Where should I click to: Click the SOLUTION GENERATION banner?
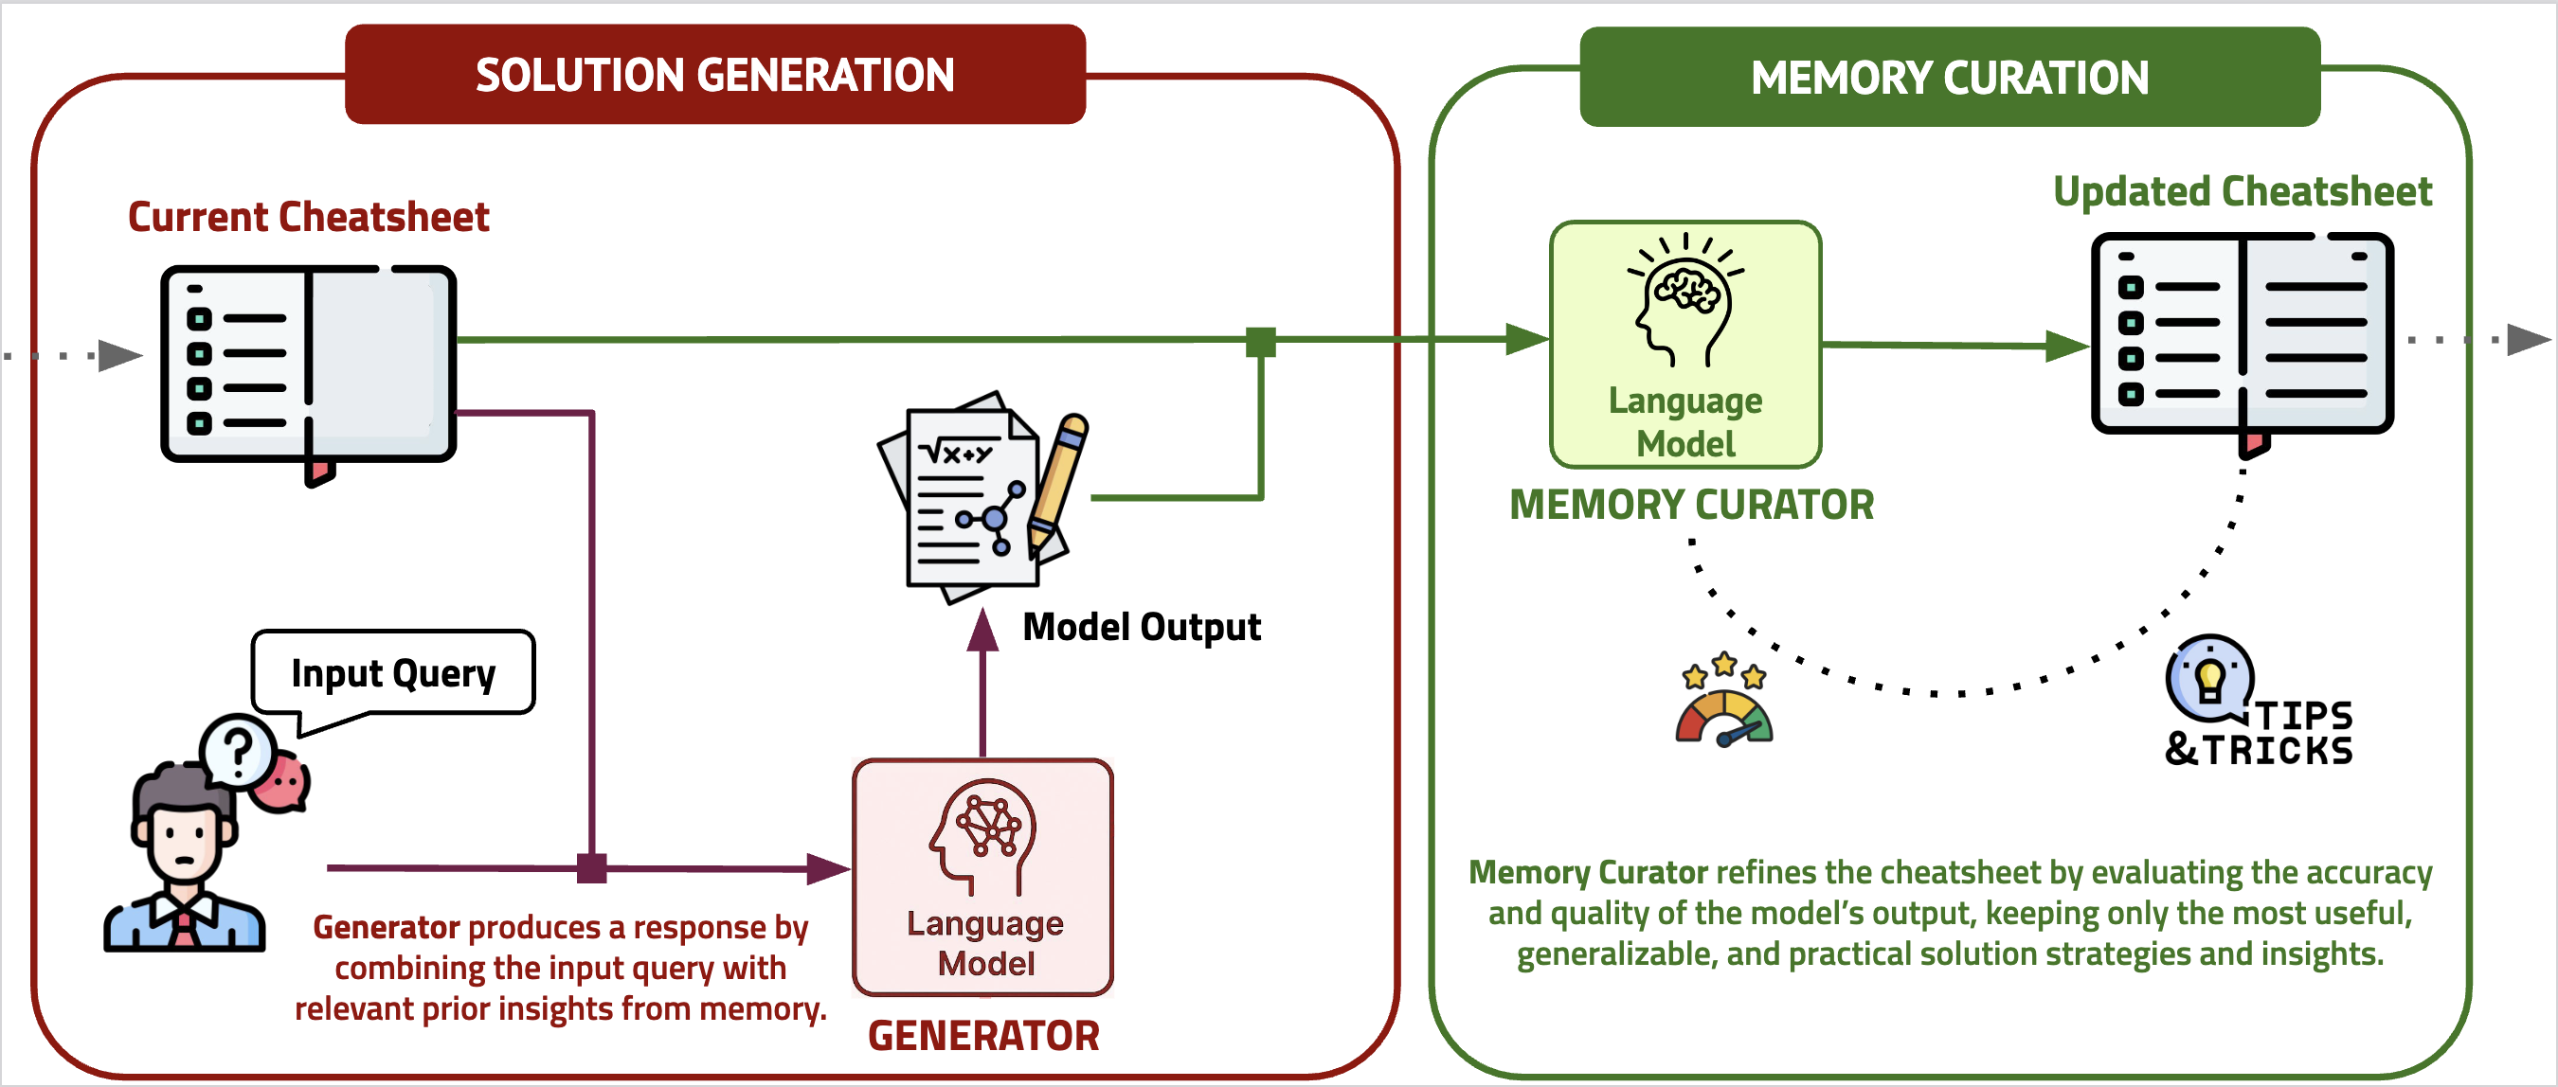[x=715, y=76]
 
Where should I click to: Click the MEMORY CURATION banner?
[x=1949, y=78]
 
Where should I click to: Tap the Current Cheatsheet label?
[x=308, y=217]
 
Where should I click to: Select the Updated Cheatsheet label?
[x=2243, y=190]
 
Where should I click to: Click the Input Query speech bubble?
[x=393, y=673]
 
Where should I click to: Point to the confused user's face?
[x=184, y=839]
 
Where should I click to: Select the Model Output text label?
[x=1141, y=627]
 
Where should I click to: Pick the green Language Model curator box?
[x=1685, y=344]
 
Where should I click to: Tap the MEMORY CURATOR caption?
[x=1691, y=505]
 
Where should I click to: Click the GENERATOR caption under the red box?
[x=983, y=1035]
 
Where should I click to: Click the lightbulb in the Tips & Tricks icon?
[x=2209, y=680]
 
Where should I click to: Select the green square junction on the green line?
[x=1260, y=342]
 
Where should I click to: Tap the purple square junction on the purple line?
[x=592, y=868]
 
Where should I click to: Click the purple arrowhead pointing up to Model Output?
[x=982, y=631]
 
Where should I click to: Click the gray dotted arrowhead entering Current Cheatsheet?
[x=120, y=354]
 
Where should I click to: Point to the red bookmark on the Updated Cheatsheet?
[x=2253, y=444]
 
